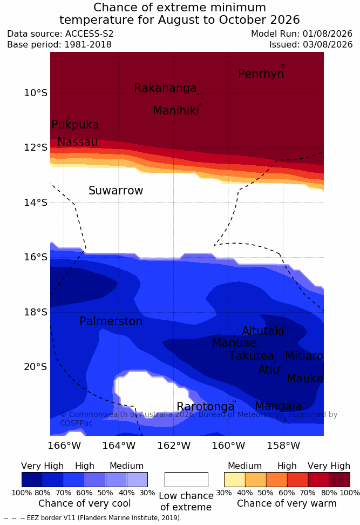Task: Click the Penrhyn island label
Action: (x=261, y=74)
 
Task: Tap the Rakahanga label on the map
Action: (x=165, y=87)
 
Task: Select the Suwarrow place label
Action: (x=116, y=191)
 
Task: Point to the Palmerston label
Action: (x=111, y=321)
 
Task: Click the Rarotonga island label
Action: (x=206, y=407)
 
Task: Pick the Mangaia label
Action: (x=279, y=406)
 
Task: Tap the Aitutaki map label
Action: (x=263, y=331)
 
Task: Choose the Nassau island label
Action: (x=78, y=142)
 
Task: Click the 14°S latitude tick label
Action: (x=36, y=203)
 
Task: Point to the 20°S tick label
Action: (x=36, y=367)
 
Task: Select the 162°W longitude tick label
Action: (x=174, y=446)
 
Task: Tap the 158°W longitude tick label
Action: (x=283, y=446)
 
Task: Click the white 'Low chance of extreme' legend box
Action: (x=186, y=480)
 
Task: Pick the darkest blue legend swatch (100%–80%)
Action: (x=32, y=480)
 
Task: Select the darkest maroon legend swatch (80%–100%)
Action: (x=339, y=480)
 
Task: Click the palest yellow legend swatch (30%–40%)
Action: (x=235, y=480)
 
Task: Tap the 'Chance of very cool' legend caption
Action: (x=85, y=503)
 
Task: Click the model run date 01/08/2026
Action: (x=328, y=34)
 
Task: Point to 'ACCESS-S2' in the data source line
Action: (x=90, y=34)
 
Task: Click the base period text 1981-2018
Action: (x=88, y=44)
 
